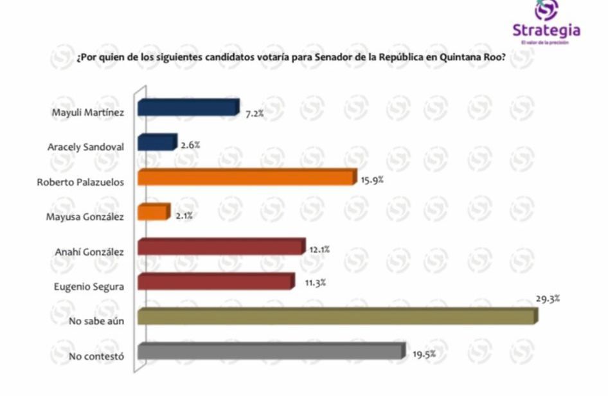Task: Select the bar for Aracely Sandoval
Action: [156, 143]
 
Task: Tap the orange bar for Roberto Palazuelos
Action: [246, 177]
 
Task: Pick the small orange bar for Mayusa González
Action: [153, 212]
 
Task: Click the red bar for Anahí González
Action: [220, 247]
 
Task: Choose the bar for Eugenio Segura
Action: [215, 282]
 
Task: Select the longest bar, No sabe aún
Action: [336, 316]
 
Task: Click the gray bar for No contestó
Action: [270, 351]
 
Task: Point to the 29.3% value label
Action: [548, 298]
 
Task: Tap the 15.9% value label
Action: [372, 180]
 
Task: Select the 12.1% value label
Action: [319, 249]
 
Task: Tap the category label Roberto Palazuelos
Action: [80, 182]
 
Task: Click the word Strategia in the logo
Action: [546, 30]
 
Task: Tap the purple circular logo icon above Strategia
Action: [546, 10]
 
